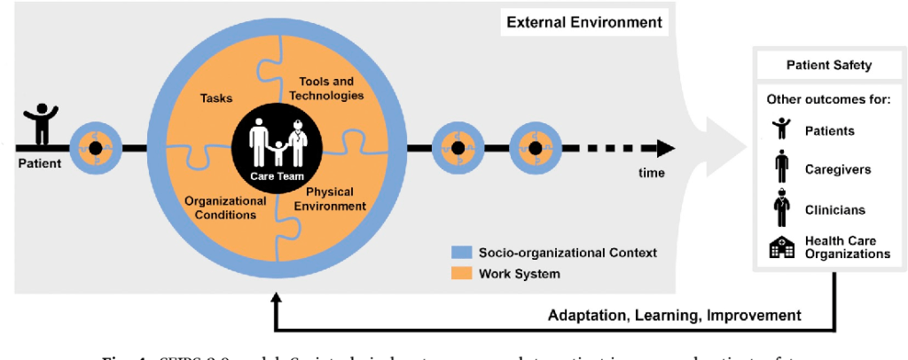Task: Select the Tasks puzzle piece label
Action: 215,99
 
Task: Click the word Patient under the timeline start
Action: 39,164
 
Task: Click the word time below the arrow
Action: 651,173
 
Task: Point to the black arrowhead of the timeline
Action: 665,148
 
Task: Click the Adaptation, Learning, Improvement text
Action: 675,316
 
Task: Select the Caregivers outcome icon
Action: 780,168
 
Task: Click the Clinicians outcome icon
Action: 780,209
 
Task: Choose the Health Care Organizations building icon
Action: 781,247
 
